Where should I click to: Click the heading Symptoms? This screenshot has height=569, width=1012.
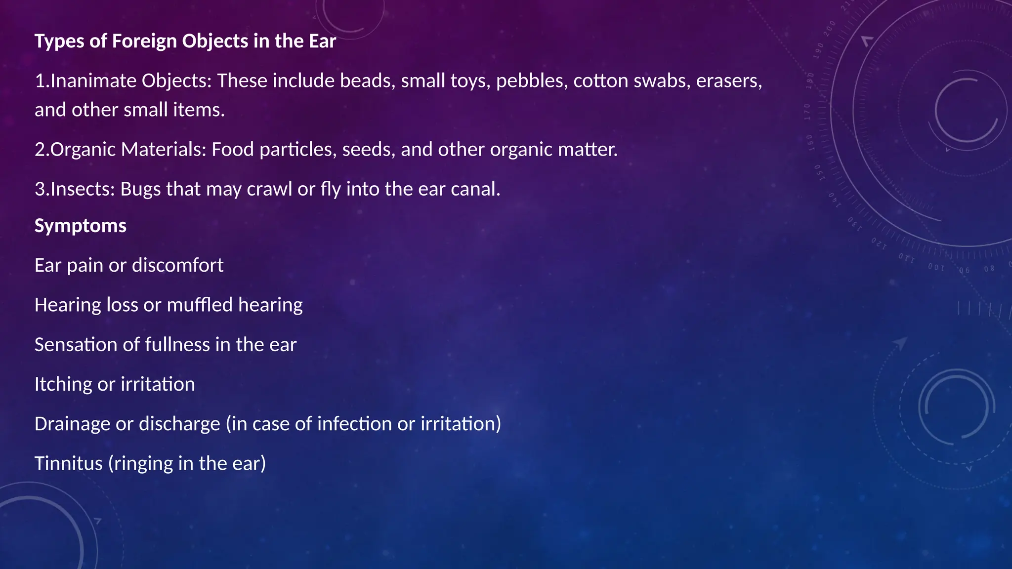click(81, 226)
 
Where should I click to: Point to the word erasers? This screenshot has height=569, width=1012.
click(728, 81)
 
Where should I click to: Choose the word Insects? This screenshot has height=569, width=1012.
click(82, 189)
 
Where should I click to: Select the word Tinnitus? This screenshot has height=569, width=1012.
click(69, 464)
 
